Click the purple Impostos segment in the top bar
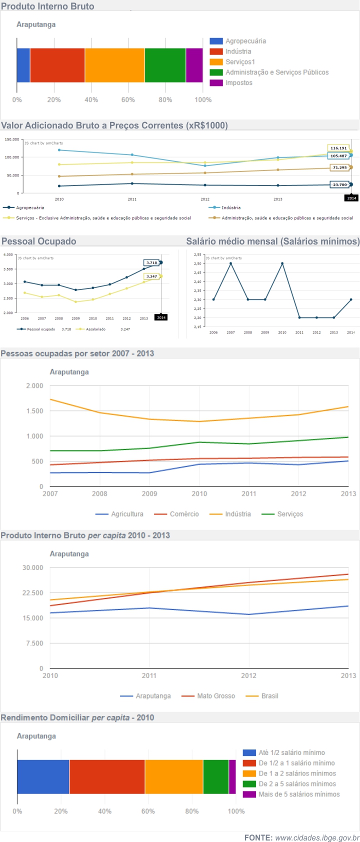tap(194, 65)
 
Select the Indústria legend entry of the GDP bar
tap(238, 51)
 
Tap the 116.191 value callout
tap(338, 148)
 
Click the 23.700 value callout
tap(340, 184)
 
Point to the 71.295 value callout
tap(340, 167)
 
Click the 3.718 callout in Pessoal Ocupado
tap(151, 262)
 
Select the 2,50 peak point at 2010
tap(282, 263)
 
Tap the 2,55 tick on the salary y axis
tap(197, 254)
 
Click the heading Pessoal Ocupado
tap(39, 241)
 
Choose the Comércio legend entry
tap(183, 514)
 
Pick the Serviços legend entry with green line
tap(289, 514)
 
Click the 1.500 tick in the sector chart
tap(34, 411)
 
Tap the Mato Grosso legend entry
tap(215, 696)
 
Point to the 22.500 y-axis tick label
tap(33, 592)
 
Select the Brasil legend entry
tap(269, 696)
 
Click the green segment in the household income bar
tap(215, 776)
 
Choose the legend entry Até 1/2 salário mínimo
tap(291, 752)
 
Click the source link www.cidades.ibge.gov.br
tap(317, 837)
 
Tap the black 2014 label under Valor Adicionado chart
tap(352, 198)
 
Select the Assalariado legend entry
tap(95, 329)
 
